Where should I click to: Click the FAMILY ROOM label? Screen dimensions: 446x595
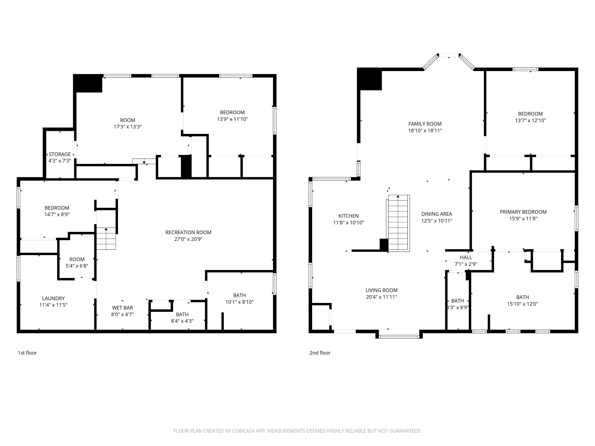click(425, 124)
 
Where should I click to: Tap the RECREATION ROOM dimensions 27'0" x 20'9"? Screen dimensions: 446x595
click(188, 239)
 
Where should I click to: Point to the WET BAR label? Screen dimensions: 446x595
click(122, 308)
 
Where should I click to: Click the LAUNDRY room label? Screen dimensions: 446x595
click(53, 298)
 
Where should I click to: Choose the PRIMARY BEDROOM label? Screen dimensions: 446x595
click(523, 212)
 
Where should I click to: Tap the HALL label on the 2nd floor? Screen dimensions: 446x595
click(466, 257)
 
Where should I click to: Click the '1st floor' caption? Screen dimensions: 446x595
click(27, 353)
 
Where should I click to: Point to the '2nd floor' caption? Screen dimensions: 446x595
click(320, 353)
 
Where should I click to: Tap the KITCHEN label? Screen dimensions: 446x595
click(348, 216)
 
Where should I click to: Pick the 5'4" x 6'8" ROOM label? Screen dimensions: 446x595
click(77, 259)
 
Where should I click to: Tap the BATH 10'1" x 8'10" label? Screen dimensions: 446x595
click(239, 295)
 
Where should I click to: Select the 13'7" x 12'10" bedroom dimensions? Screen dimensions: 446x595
click(530, 120)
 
